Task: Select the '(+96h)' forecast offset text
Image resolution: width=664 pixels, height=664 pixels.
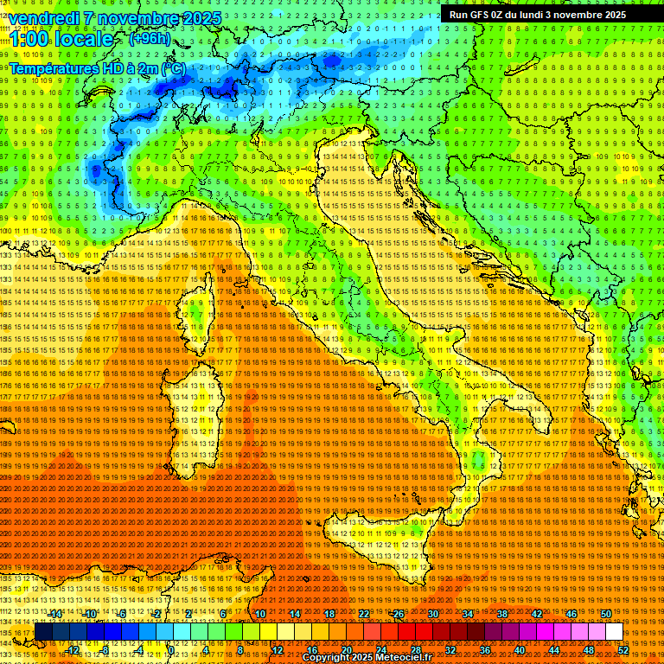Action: click(150, 39)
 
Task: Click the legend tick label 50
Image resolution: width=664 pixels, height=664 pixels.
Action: click(605, 614)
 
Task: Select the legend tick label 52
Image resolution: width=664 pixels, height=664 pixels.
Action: click(622, 650)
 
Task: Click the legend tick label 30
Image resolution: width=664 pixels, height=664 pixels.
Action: click(433, 614)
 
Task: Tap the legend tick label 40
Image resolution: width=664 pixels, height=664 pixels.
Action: click(519, 650)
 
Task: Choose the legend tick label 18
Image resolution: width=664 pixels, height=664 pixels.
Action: click(329, 614)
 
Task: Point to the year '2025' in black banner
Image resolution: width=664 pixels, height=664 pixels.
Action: click(610, 15)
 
